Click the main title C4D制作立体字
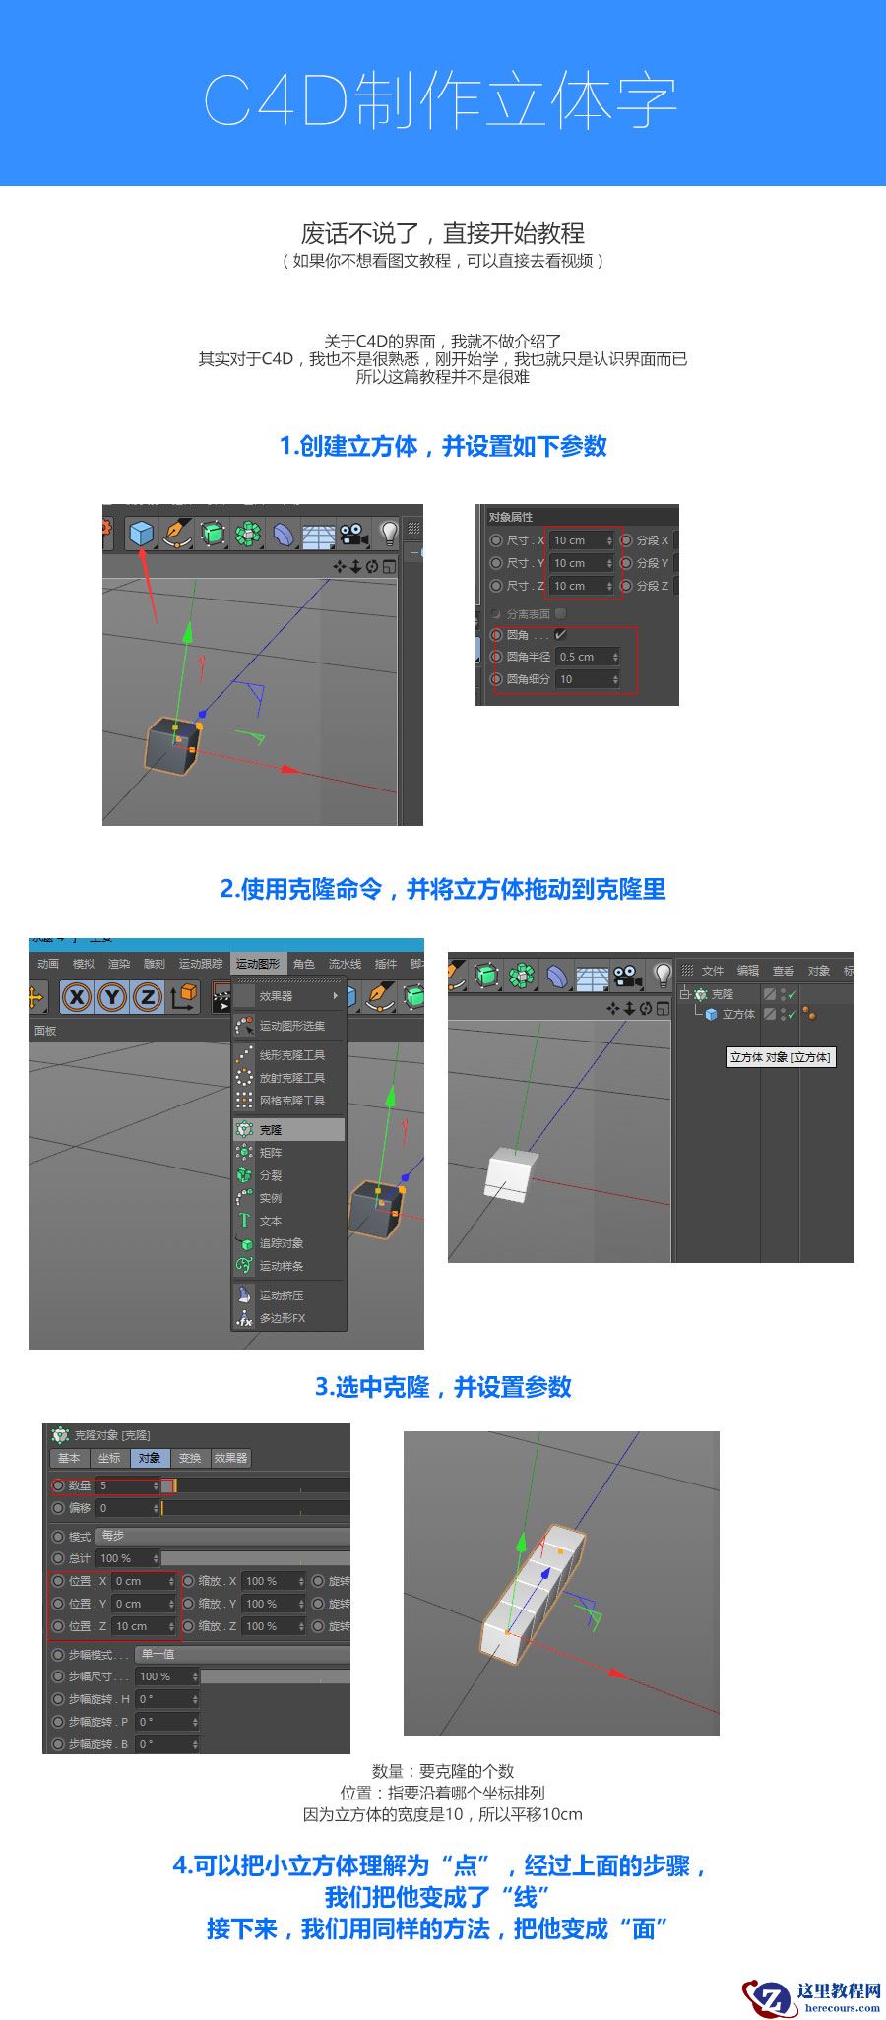tap(441, 101)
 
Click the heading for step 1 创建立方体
tap(443, 446)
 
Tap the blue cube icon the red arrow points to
tap(142, 534)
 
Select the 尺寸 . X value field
tap(581, 540)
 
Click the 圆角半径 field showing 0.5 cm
tap(587, 657)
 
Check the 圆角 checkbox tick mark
tap(561, 635)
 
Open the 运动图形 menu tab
tap(257, 964)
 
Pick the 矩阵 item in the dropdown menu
tap(271, 1153)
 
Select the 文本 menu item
tap(271, 1221)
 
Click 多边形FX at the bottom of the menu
tap(283, 1318)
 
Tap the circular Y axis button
tap(112, 997)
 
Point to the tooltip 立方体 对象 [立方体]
tap(780, 1057)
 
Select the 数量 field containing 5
tap(127, 1485)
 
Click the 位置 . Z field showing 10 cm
tap(142, 1626)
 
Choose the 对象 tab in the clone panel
tap(149, 1458)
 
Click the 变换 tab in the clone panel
tap(190, 1458)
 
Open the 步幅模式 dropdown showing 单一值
tap(241, 1655)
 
